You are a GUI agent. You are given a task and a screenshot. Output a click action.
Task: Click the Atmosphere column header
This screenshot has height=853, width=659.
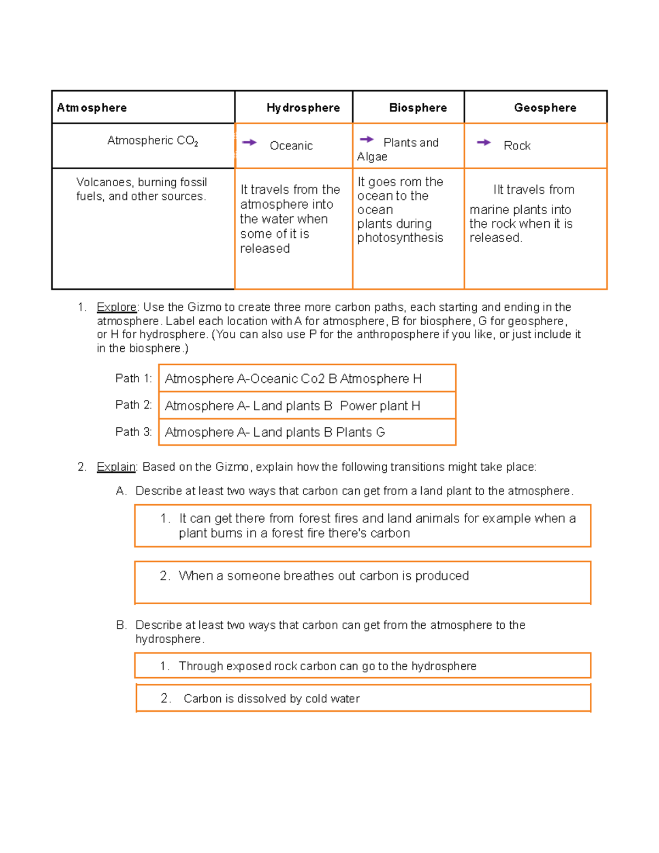[92, 108]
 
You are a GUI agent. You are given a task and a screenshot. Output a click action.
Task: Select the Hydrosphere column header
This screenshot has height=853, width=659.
[303, 108]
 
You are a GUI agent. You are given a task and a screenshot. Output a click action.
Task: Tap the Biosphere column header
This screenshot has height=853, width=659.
[418, 108]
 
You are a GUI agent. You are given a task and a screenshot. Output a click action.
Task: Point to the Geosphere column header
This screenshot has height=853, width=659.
[545, 108]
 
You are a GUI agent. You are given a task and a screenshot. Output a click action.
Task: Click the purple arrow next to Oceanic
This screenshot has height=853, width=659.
[249, 142]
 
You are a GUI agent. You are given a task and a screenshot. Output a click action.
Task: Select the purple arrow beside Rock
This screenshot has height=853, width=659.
[484, 142]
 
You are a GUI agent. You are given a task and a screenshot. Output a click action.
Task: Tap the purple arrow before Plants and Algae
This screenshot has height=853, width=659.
[366, 140]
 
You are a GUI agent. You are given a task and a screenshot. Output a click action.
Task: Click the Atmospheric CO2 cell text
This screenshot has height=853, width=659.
[152, 141]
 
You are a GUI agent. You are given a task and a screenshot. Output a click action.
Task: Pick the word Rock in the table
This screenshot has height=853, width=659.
[517, 146]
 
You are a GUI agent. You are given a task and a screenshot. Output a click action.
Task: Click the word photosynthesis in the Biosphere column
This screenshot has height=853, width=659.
[400, 238]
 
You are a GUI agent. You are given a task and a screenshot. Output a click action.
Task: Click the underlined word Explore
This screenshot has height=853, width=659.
[116, 307]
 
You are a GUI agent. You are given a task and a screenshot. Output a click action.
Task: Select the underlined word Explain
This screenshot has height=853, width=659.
[116, 467]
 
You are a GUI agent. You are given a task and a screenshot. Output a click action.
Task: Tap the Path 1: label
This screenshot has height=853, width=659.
[133, 378]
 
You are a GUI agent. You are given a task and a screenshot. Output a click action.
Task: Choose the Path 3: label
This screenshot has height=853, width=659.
[133, 432]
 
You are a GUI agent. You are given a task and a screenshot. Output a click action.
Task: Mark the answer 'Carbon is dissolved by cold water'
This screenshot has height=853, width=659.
[271, 699]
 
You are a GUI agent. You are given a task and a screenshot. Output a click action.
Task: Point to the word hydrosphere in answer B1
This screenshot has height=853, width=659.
[444, 666]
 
